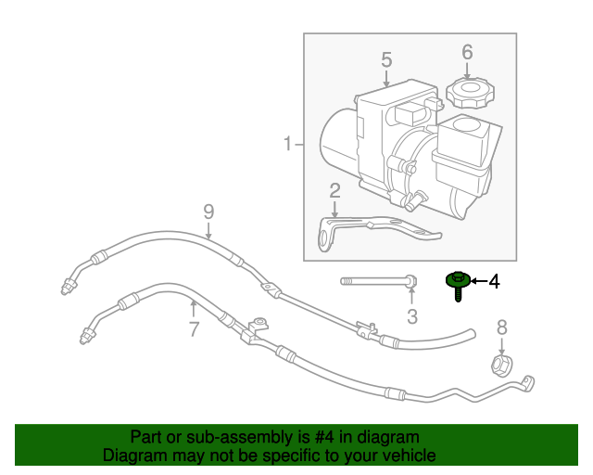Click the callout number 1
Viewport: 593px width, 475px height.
[288, 144]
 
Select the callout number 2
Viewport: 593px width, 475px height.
[334, 191]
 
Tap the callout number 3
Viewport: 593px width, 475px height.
[412, 316]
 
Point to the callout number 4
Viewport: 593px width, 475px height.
[494, 281]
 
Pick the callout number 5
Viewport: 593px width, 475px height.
[386, 60]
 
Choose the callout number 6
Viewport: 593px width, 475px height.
[467, 51]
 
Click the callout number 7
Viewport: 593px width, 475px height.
[194, 327]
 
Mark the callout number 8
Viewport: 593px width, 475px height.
[502, 327]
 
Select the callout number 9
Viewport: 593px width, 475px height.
[208, 211]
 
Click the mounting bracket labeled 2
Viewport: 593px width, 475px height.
[371, 227]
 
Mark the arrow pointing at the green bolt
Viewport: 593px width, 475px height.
[476, 280]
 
